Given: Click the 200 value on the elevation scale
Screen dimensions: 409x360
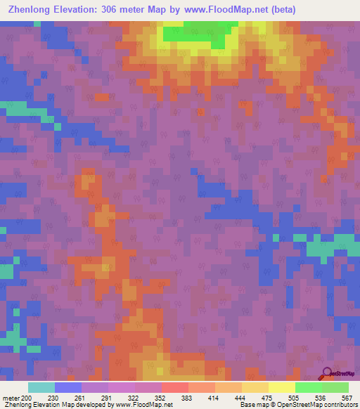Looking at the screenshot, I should click(x=26, y=397).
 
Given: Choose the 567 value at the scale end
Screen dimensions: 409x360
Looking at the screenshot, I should click(x=346, y=397).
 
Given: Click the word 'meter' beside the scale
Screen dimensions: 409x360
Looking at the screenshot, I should click(x=11, y=397).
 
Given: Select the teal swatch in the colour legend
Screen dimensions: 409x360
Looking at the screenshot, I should click(x=41, y=387).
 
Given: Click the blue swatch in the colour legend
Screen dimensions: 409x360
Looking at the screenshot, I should click(x=67, y=387).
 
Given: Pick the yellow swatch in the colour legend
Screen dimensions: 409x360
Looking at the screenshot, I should click(x=281, y=387).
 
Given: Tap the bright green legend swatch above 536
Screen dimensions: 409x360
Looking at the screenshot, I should click(x=308, y=387).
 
